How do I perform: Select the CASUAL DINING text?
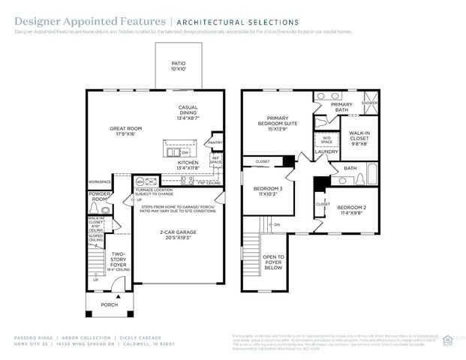pos(188,112)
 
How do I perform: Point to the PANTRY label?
pos(215,142)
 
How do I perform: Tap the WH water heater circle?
pos(139,181)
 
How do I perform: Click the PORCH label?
pos(109,304)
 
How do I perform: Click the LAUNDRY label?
pos(326,152)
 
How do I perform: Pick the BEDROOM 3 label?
pos(267,190)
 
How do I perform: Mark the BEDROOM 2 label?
pos(350,209)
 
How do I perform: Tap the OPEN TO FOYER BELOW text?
pos(272,262)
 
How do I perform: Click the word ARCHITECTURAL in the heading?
pos(209,23)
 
